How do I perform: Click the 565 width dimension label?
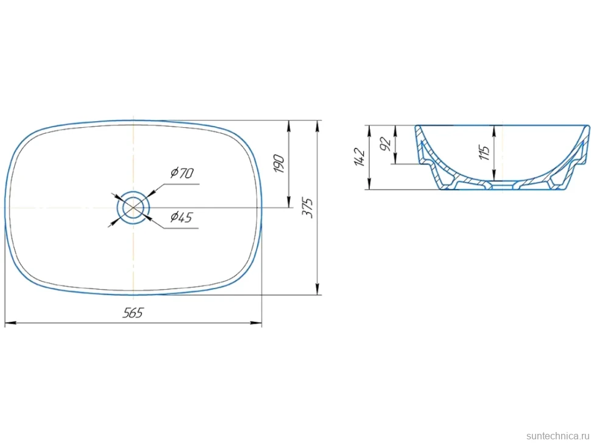133,313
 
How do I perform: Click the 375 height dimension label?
308,208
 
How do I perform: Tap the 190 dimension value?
279,163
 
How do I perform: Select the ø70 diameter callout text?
182,173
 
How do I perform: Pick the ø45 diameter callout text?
182,217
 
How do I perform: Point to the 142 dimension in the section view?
359,158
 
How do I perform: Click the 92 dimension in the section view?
386,144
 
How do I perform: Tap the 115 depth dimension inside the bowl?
485,152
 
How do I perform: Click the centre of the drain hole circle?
133,208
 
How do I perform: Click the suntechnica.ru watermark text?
557,436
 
